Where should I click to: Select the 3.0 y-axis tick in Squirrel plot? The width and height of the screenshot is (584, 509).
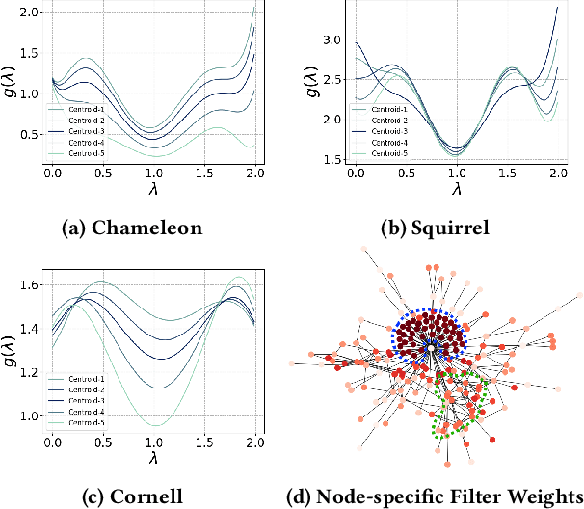pos(332,40)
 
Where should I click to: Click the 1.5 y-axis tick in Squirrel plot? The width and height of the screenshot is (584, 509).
pos(332,160)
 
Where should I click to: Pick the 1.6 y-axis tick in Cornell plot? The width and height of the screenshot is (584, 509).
pos(28,284)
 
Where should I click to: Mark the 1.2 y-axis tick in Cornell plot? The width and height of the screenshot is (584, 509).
pos(28,372)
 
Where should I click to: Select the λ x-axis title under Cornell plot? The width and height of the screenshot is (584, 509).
pos(153,460)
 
